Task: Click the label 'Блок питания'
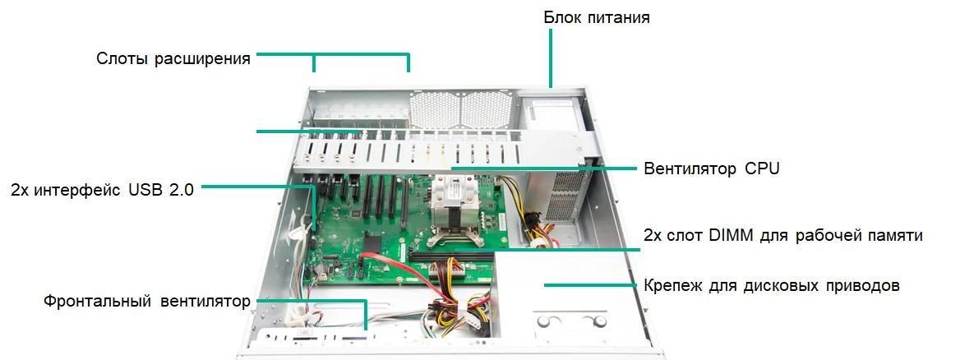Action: coord(597,16)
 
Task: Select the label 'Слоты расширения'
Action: coord(173,59)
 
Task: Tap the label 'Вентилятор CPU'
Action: coord(711,168)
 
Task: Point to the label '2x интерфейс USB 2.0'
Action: coord(103,190)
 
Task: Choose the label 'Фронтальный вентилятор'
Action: coord(146,302)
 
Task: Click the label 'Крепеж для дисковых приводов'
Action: coord(772,286)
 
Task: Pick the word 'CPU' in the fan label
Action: coord(761,168)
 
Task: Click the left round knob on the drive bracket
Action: coord(545,321)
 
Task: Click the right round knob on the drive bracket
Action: coord(599,321)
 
